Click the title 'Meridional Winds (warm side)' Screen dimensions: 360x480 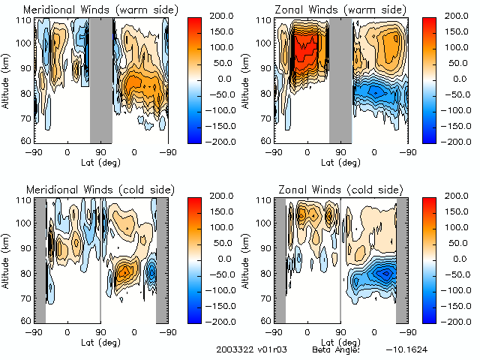(x=90, y=10)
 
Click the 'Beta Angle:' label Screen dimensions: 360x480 (x=336, y=350)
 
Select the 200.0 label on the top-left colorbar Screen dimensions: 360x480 (x=225, y=16)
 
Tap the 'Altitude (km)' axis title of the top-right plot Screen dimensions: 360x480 (x=246, y=79)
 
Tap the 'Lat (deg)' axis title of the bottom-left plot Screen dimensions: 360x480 (x=100, y=341)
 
